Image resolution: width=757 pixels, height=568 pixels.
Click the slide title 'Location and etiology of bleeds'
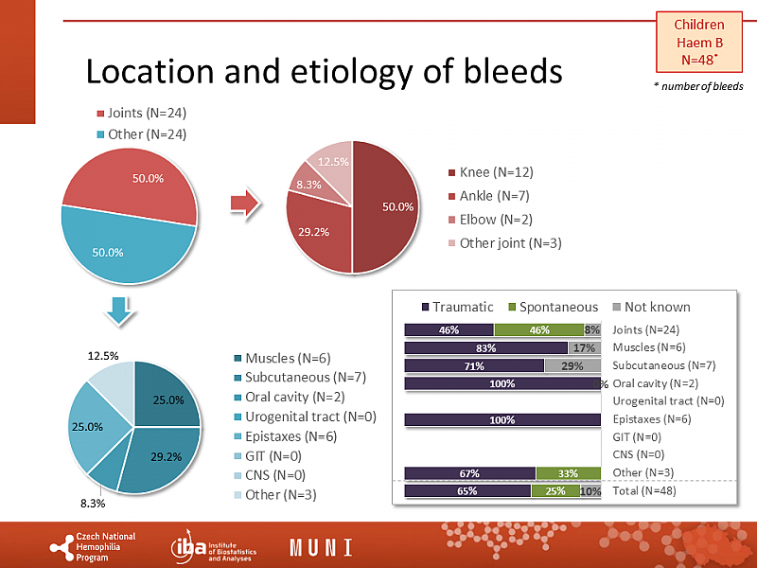[x=324, y=72]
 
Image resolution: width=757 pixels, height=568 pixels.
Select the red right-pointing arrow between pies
[x=246, y=203]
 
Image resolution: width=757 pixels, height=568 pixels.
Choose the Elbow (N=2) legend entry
[x=489, y=220]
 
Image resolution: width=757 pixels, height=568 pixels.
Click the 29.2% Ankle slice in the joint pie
[x=318, y=237]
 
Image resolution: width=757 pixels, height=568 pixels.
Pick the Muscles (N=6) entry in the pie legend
[x=281, y=358]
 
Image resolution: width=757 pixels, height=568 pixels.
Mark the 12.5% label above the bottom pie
[x=102, y=356]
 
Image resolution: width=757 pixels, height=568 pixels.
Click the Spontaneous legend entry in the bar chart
[x=553, y=307]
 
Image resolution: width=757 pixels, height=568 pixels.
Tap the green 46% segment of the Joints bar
[x=538, y=330]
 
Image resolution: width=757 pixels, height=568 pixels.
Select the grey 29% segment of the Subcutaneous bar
[x=572, y=366]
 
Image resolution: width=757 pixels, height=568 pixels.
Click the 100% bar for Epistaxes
[x=502, y=420]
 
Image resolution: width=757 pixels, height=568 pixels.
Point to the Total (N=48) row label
[x=644, y=491]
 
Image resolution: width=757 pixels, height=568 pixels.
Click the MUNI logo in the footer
[x=321, y=547]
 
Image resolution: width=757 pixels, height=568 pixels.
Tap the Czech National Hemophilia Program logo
[x=95, y=547]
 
